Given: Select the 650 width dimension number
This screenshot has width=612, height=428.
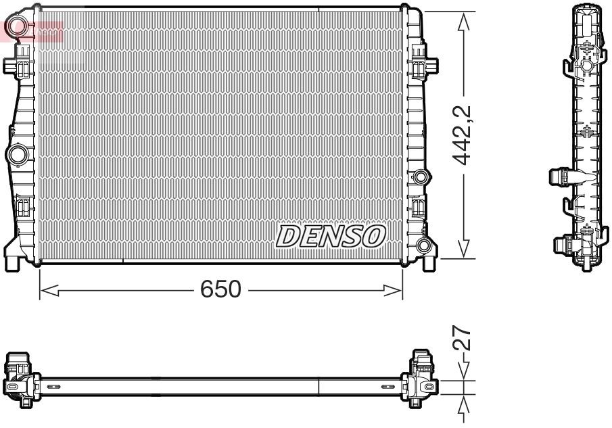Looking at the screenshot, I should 220,289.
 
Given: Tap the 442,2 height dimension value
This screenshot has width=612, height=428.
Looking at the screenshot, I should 462,135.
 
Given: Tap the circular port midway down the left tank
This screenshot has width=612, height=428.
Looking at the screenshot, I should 16,154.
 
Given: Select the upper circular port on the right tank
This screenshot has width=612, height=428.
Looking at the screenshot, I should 421,178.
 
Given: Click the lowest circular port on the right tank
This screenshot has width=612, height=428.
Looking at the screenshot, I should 423,245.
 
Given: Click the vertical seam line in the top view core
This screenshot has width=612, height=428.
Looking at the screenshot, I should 318,386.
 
